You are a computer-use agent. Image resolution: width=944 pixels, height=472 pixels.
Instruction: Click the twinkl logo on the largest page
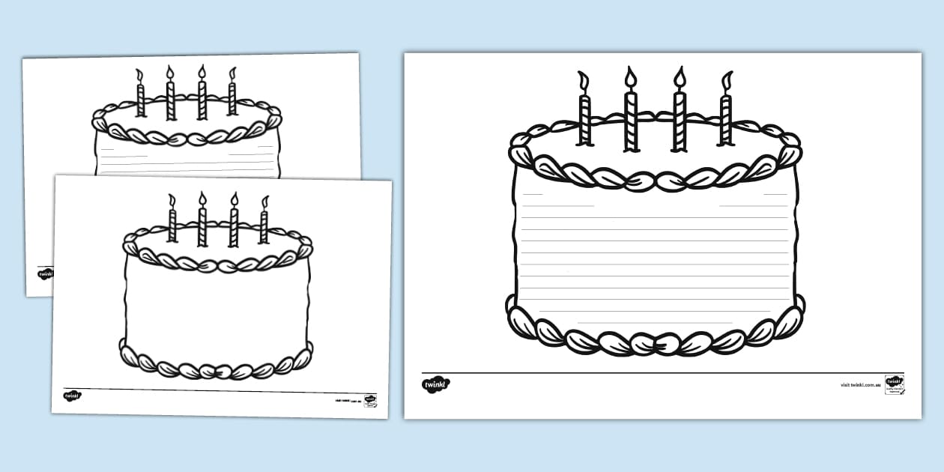(x=436, y=384)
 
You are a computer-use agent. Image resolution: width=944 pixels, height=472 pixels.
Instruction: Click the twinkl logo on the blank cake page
(x=72, y=396)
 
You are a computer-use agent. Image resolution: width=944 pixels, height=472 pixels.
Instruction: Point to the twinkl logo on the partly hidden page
(x=45, y=273)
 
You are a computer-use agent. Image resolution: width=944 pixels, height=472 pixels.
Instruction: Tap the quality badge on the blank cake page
(x=369, y=400)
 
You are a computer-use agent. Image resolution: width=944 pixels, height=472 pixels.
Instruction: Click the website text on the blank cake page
(x=348, y=402)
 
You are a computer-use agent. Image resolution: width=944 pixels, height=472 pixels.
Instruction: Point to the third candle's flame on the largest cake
(x=680, y=77)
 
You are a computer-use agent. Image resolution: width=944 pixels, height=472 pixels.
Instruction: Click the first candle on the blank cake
(x=172, y=225)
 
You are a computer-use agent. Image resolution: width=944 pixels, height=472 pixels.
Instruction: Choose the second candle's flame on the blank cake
(x=202, y=199)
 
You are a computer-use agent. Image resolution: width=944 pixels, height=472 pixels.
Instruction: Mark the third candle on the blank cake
(x=233, y=225)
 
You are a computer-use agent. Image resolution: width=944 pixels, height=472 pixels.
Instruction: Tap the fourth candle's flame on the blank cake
(x=264, y=202)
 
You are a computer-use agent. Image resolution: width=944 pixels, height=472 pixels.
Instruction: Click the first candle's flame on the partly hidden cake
(x=139, y=74)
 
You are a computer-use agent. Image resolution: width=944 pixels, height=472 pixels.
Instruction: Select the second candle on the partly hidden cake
(x=170, y=99)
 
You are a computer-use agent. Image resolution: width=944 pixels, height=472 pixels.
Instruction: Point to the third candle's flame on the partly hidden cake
(x=202, y=72)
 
